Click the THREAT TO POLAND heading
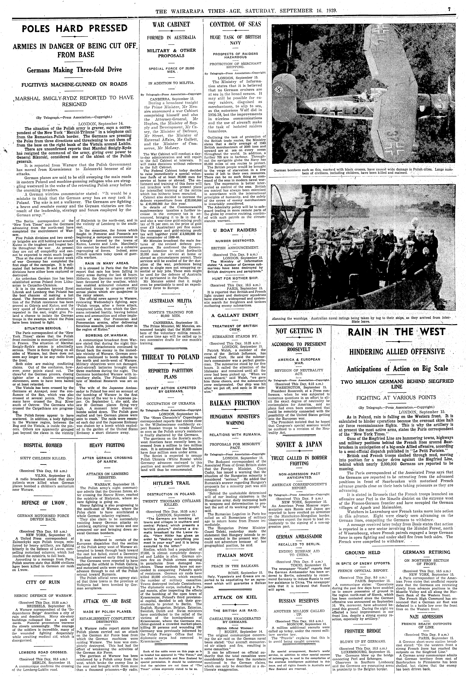(170, 357)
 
